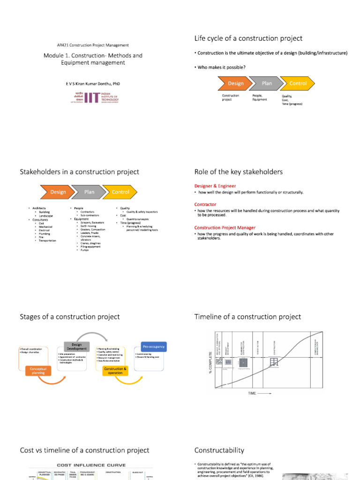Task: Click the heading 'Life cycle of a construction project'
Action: coord(248,38)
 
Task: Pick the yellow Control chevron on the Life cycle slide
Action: coord(298,83)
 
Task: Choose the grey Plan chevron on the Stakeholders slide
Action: coord(89,192)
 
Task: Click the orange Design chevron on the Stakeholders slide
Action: coord(58,192)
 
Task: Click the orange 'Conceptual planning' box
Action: coord(38,371)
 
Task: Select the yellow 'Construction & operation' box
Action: coord(115,371)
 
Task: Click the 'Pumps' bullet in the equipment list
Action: coord(84,250)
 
